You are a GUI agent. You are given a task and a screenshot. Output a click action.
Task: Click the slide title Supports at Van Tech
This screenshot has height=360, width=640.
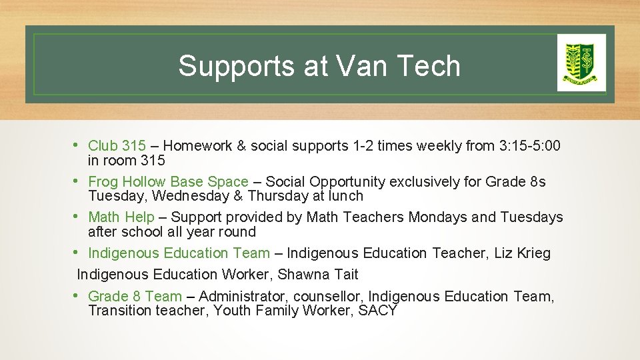point(319,66)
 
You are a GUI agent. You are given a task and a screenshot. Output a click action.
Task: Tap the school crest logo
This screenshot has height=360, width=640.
point(581,63)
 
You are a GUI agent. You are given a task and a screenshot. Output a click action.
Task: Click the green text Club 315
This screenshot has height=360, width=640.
point(117,146)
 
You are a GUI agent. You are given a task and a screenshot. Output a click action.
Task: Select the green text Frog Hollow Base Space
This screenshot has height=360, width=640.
point(168,182)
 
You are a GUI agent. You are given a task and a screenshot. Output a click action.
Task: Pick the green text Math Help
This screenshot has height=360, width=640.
point(121,217)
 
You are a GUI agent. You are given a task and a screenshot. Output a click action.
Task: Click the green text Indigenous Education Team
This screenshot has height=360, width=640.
point(179,253)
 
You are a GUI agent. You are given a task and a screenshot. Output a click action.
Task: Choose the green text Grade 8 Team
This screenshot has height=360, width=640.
point(135,297)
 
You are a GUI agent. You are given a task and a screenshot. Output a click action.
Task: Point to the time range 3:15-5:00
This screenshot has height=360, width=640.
point(529,146)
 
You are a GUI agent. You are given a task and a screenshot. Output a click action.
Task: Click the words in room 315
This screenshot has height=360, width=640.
point(127,161)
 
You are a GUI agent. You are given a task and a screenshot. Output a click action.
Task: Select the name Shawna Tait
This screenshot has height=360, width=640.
point(318,275)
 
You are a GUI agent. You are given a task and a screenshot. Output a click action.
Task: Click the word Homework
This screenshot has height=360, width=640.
point(197,146)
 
